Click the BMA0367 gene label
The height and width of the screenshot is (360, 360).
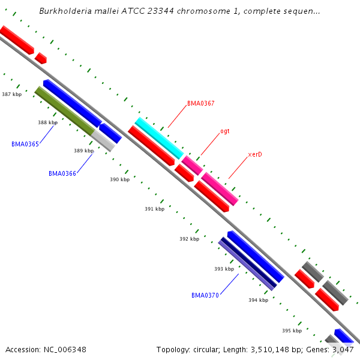[200, 103]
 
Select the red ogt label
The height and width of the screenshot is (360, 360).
[224, 131]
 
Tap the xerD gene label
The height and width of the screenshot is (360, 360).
[255, 154]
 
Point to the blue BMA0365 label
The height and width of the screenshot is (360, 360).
[25, 144]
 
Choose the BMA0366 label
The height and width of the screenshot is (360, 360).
[62, 173]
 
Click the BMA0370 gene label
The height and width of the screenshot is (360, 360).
[205, 295]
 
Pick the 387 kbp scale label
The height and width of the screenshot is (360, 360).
[11, 94]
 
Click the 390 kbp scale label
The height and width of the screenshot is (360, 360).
[119, 179]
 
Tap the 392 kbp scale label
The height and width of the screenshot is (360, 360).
[189, 239]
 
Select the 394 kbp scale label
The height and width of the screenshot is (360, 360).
[258, 300]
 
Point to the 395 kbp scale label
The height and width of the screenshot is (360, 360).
[292, 331]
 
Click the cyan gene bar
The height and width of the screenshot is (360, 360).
[158, 138]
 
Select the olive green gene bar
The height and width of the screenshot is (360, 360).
[65, 110]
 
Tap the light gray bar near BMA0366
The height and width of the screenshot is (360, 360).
[103, 141]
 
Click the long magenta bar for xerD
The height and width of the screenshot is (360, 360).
[220, 189]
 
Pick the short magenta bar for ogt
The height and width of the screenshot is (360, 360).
[192, 165]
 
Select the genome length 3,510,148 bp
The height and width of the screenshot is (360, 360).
[275, 349]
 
